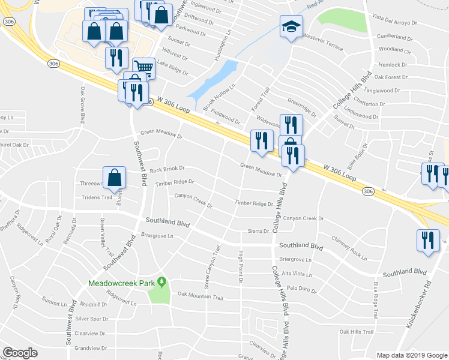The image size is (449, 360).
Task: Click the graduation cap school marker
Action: click(291, 26)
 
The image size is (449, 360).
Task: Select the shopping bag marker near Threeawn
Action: click(115, 177)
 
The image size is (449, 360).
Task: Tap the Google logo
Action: click(20, 353)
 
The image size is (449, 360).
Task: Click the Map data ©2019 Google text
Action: click(411, 355)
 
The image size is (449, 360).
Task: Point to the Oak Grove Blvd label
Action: click(81, 104)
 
